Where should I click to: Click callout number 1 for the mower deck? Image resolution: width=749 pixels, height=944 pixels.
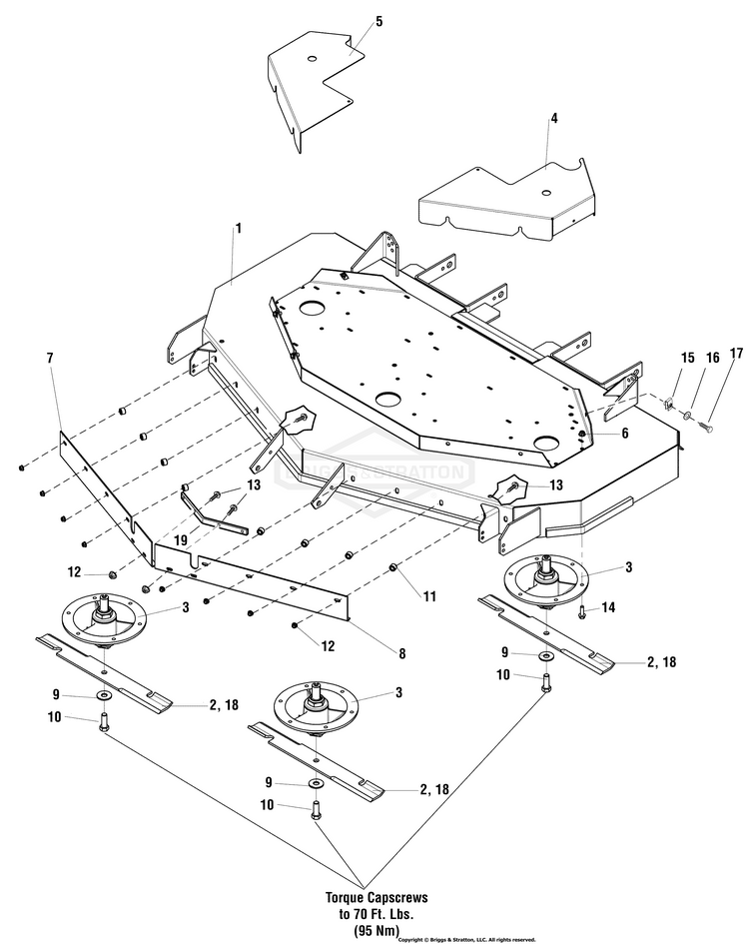click(238, 229)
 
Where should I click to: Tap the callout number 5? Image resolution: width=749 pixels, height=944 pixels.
click(351, 21)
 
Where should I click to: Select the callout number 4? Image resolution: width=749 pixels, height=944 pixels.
click(553, 117)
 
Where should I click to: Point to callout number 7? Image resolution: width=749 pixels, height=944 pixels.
click(49, 357)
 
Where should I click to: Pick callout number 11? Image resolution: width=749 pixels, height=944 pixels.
click(428, 596)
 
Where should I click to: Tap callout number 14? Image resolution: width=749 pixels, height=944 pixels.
click(609, 606)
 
